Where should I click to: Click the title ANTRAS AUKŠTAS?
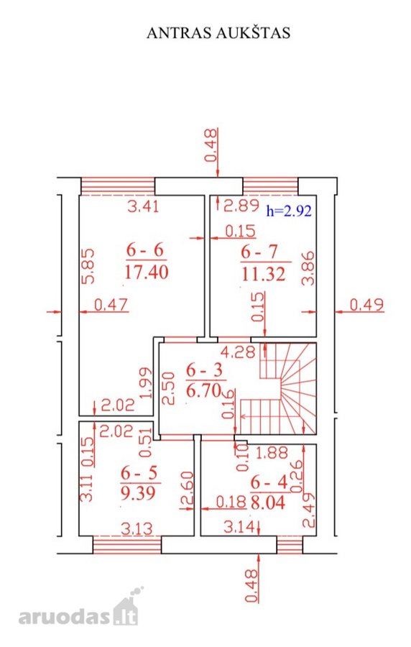pyautogui.click(x=218, y=33)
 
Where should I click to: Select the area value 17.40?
pyautogui.click(x=147, y=272)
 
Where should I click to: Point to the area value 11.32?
pyautogui.click(x=264, y=274)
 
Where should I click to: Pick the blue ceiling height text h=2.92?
pyautogui.click(x=289, y=211)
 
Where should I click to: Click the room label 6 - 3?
pyautogui.click(x=204, y=370)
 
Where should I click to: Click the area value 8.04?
pyautogui.click(x=268, y=503)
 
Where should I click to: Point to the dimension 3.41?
pyautogui.click(x=143, y=206)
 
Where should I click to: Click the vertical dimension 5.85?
pyautogui.click(x=88, y=266)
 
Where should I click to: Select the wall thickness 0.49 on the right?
pyautogui.click(x=367, y=305)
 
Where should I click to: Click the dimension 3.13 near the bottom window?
pyautogui.click(x=137, y=528)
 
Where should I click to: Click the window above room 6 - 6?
pyautogui.click(x=118, y=186)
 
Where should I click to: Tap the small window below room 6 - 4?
pyautogui.click(x=290, y=545)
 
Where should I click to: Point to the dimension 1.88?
pyautogui.click(x=272, y=453)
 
